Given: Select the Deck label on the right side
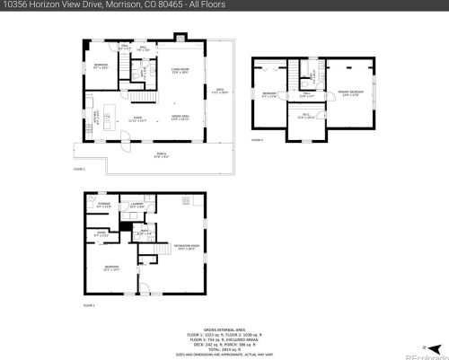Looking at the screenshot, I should pyautogui.click(x=219, y=90).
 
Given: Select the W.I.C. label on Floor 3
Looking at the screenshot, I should pyautogui.click(x=305, y=116).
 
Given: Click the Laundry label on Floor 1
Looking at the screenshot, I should pyautogui.click(x=136, y=206).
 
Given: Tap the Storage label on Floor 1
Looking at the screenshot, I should pyautogui.click(x=103, y=206).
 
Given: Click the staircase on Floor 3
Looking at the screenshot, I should pyautogui.click(x=310, y=72).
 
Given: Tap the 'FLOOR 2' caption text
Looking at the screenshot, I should pyautogui.click(x=78, y=168).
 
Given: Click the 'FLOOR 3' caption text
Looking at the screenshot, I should pyautogui.click(x=257, y=140).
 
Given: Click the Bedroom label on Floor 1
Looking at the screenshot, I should pyautogui.click(x=111, y=268).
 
